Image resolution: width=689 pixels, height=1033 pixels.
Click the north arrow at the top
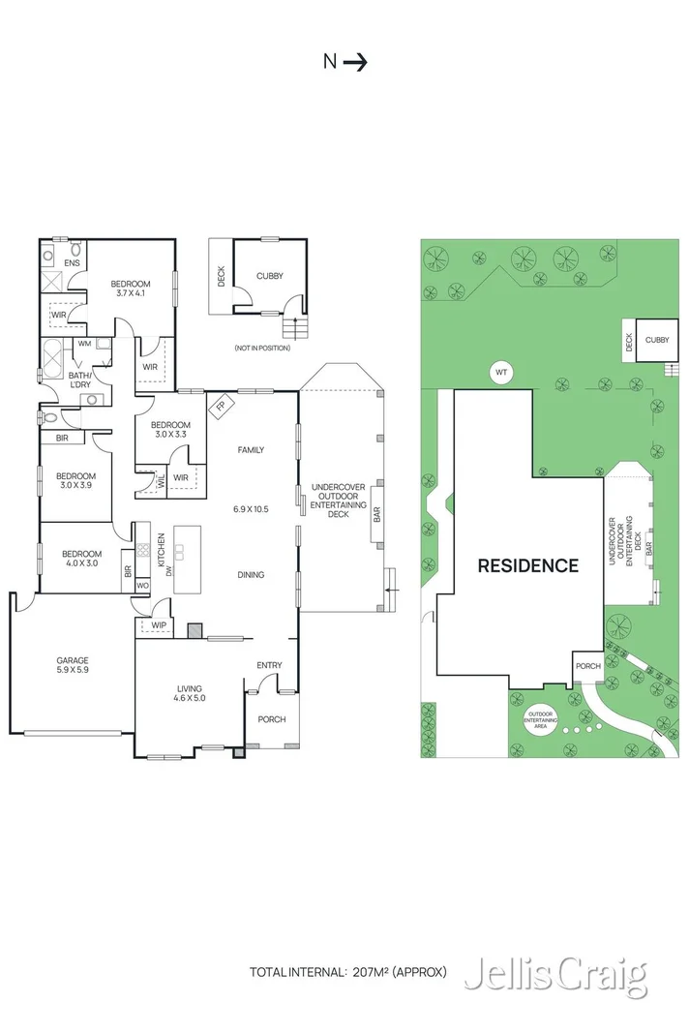click(355, 62)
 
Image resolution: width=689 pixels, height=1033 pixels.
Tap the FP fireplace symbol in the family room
click(220, 406)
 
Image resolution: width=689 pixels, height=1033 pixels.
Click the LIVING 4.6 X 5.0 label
click(189, 691)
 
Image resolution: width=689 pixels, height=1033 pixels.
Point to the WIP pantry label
click(159, 625)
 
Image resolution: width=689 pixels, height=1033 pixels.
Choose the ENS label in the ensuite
click(72, 262)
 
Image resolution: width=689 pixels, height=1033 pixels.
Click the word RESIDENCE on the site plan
click(527, 566)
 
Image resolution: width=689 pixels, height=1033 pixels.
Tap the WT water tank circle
click(501, 373)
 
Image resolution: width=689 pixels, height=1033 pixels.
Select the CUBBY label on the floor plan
click(270, 276)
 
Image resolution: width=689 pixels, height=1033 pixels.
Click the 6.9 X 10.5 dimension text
click(250, 508)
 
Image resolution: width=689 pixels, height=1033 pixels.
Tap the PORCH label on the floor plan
click(271, 719)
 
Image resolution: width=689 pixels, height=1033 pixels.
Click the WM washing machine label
click(84, 343)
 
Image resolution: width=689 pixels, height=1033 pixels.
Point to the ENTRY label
click(269, 665)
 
